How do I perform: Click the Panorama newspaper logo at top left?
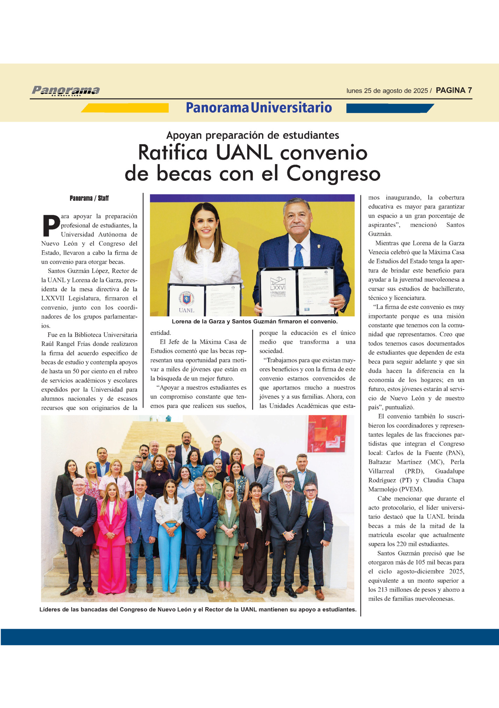click(x=66, y=91)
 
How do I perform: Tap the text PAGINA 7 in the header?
click(x=454, y=90)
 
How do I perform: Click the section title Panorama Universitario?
click(x=259, y=108)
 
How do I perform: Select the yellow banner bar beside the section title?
click(x=126, y=108)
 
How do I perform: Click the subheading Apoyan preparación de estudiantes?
click(x=252, y=135)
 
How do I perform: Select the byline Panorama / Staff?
click(x=89, y=198)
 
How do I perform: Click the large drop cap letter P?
click(x=51, y=225)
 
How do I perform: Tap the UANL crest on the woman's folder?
click(x=186, y=298)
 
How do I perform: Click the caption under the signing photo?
click(x=254, y=322)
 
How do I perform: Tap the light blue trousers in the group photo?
click(x=169, y=552)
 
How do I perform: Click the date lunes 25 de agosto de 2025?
click(x=387, y=91)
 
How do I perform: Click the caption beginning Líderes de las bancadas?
click(x=198, y=610)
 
